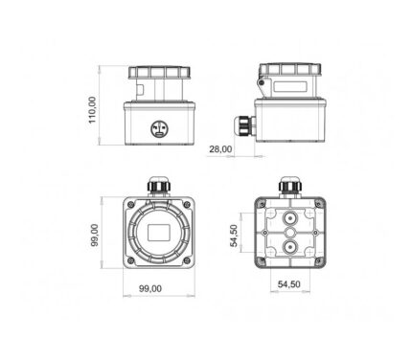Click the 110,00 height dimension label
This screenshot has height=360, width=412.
pos(92,110)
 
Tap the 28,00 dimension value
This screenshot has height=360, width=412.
pos(220,149)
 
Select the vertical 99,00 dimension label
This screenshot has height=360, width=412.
pos(95,235)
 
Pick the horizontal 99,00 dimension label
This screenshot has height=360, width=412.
pos(150,288)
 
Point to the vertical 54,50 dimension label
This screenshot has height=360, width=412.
pos(234,236)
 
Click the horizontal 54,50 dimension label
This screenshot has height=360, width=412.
pos(289,284)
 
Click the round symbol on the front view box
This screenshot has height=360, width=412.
pos(159,129)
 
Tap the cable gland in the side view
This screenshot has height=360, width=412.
pos(244,125)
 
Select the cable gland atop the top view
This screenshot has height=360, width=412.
pos(159,186)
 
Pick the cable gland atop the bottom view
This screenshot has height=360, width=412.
pos(290,187)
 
